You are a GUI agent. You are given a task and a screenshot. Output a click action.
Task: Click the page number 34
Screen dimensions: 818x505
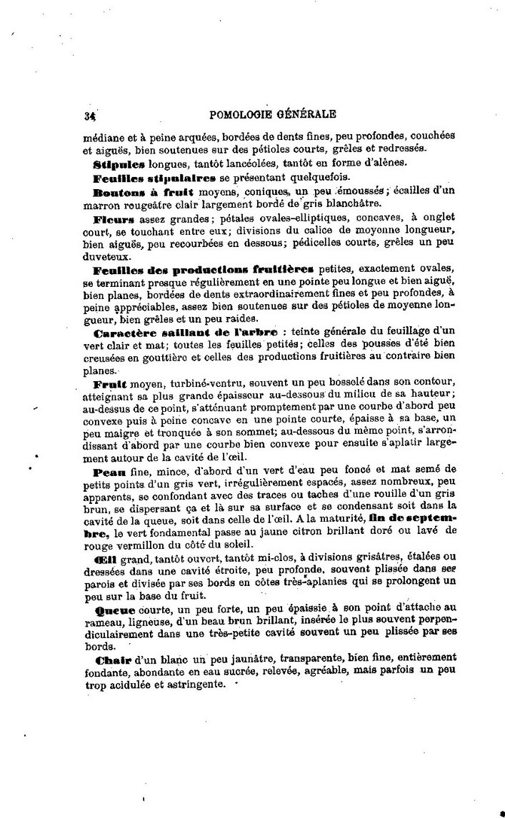pos(89,114)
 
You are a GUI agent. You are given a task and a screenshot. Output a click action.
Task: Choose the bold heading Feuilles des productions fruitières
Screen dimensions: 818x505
pos(203,270)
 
